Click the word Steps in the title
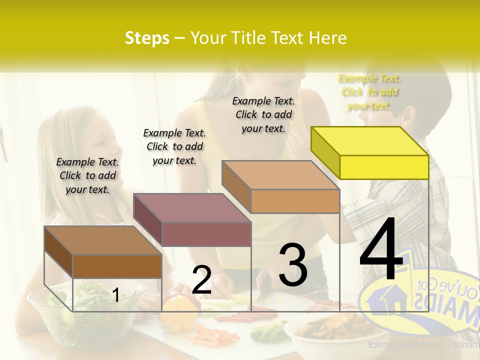pos(147,38)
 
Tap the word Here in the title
pos(328,38)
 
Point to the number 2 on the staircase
pos(201,280)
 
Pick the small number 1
pos(115,295)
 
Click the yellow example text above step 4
pos(369,92)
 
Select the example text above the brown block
pos(87,175)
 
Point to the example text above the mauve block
pos(174,146)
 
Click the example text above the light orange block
pos(263,114)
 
